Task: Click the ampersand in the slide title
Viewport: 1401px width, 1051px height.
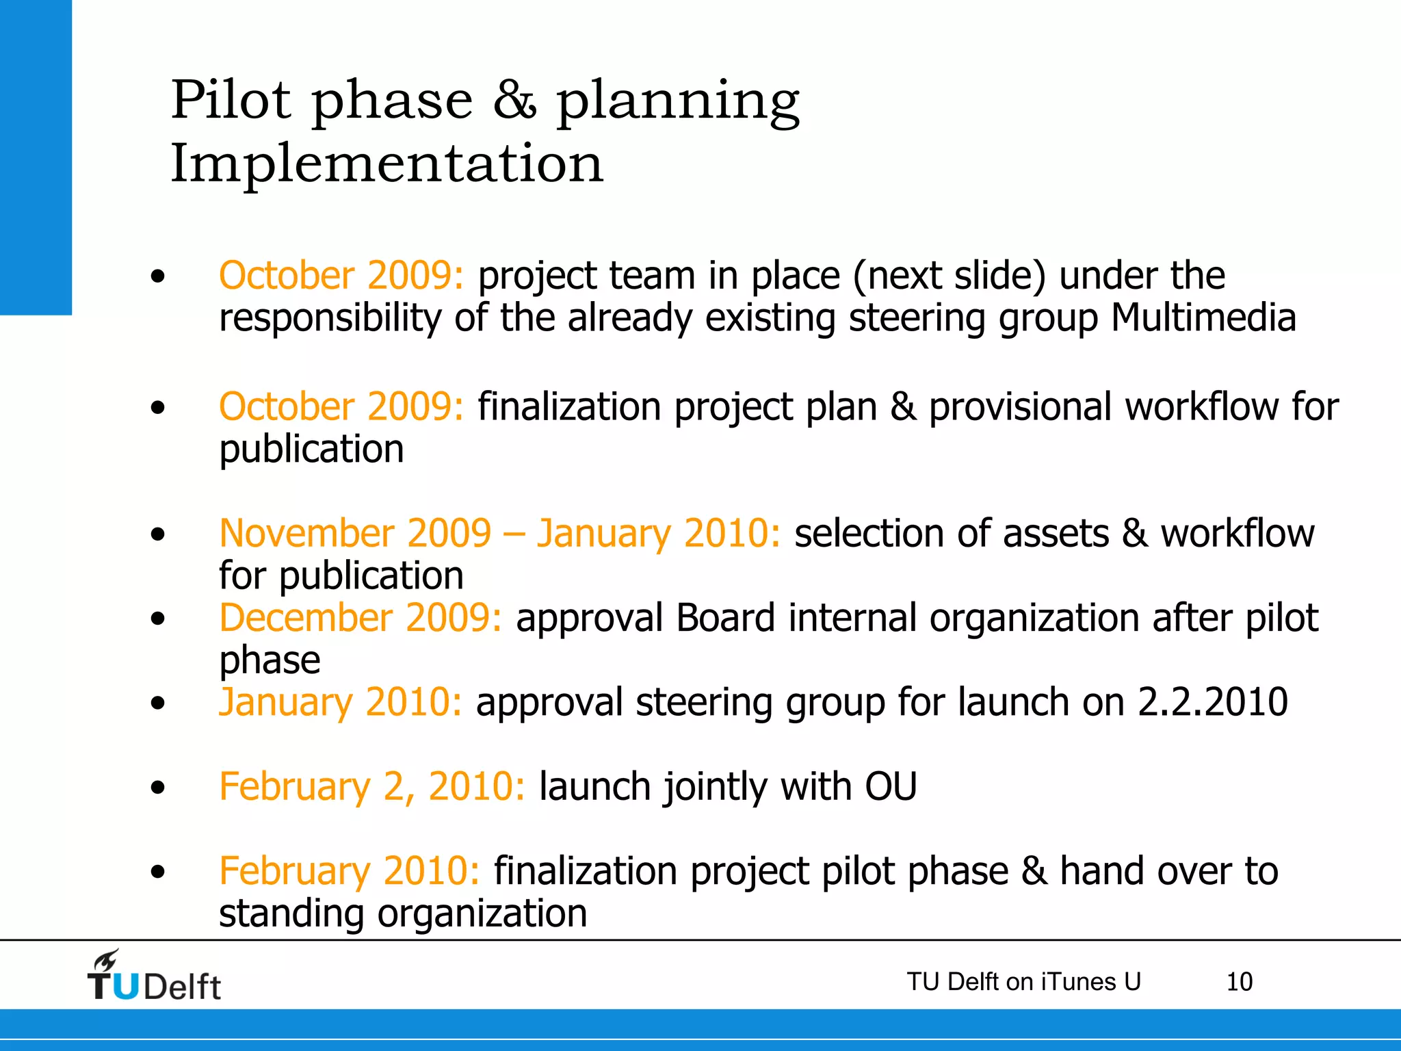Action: [514, 101]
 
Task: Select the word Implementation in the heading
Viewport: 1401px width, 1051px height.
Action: [387, 164]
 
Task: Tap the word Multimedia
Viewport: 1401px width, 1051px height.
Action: [1203, 318]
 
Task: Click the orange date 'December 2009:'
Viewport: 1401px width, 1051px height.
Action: [361, 618]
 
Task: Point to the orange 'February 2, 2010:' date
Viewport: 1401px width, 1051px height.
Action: [372, 786]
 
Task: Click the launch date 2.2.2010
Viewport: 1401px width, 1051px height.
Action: [1212, 702]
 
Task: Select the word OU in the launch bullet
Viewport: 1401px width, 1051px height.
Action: [891, 786]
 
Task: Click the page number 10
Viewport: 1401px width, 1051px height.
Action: [1239, 982]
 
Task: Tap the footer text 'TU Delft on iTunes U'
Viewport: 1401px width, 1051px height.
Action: [1023, 982]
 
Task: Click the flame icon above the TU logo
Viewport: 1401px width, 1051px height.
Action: [107, 961]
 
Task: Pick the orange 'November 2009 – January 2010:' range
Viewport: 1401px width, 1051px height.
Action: [499, 534]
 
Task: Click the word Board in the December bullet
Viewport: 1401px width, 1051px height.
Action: [725, 618]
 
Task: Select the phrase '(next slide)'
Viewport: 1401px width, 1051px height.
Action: [950, 276]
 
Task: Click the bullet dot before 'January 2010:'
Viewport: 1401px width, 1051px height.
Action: [158, 703]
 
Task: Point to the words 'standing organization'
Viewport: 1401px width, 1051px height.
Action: [403, 913]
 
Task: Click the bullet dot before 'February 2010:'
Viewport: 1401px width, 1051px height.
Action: [158, 872]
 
